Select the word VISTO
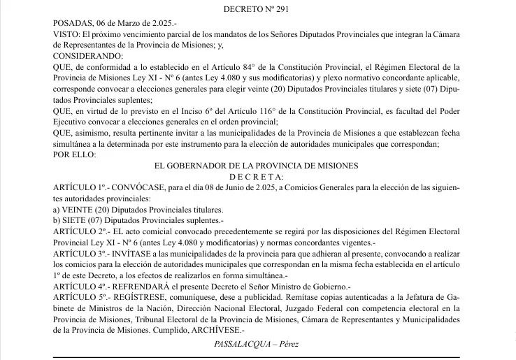pyautogui.click(x=67, y=33)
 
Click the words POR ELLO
pyautogui.click(x=75, y=154)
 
